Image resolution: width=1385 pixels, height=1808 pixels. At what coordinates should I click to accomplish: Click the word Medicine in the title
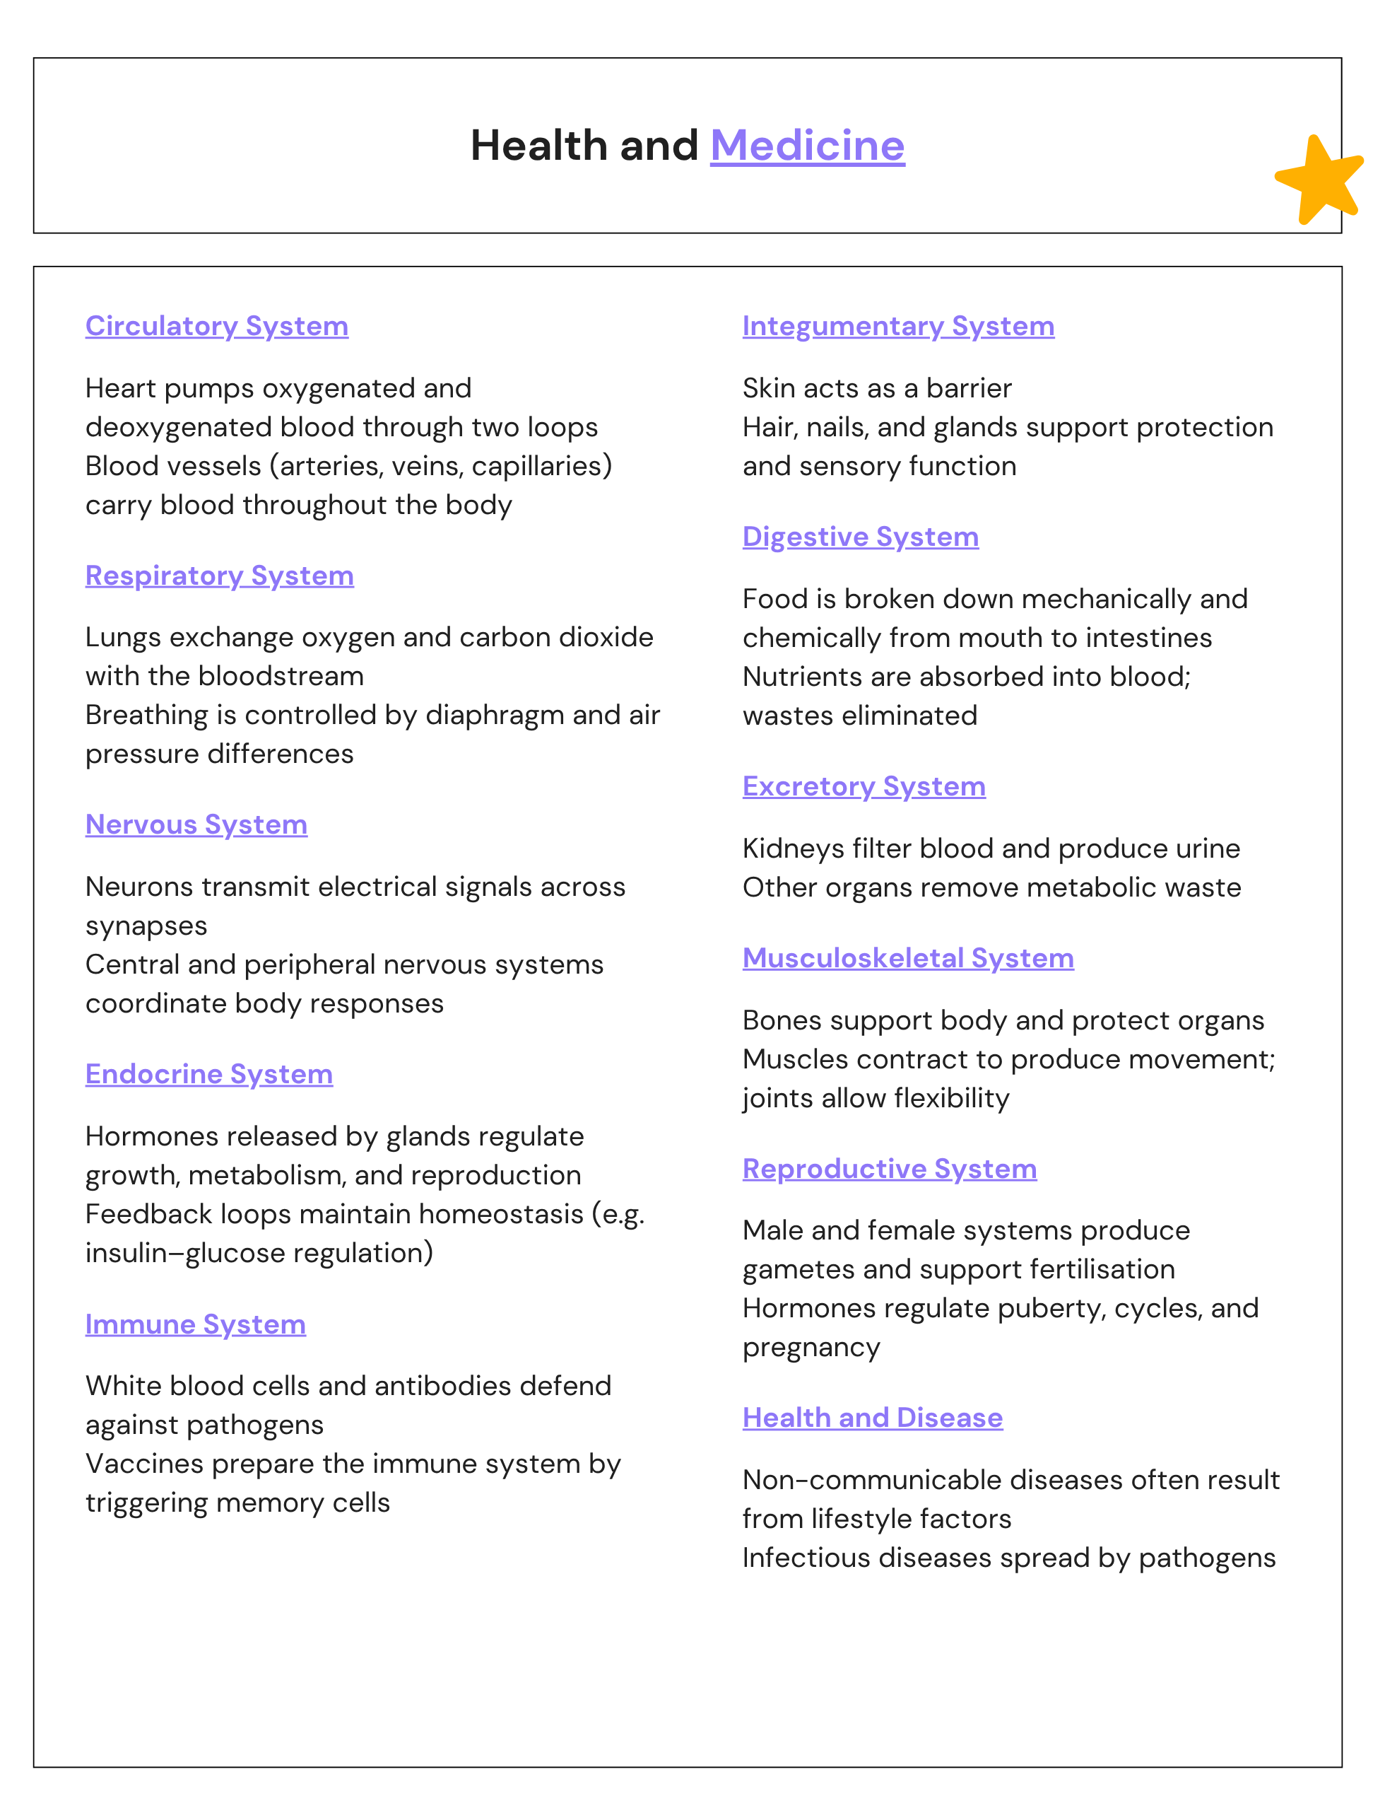pos(807,146)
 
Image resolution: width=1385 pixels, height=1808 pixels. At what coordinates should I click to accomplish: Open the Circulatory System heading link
pos(217,326)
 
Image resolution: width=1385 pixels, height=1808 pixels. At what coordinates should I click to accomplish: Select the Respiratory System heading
pos(219,575)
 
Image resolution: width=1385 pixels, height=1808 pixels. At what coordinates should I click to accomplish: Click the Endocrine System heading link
pos(208,1074)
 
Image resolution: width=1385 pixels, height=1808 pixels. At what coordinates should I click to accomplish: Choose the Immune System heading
pos(195,1324)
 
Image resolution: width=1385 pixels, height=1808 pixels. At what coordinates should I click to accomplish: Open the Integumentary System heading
pos(897,326)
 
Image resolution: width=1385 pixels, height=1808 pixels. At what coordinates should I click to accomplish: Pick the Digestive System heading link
pos(860,536)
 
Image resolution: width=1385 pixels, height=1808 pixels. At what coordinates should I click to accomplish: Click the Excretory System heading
pos(864,786)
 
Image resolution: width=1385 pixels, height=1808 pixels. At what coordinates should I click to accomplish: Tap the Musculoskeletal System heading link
pos(907,957)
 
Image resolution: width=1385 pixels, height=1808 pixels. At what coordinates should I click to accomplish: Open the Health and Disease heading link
pos(872,1417)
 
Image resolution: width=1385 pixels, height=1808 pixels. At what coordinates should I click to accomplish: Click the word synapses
pos(146,926)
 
